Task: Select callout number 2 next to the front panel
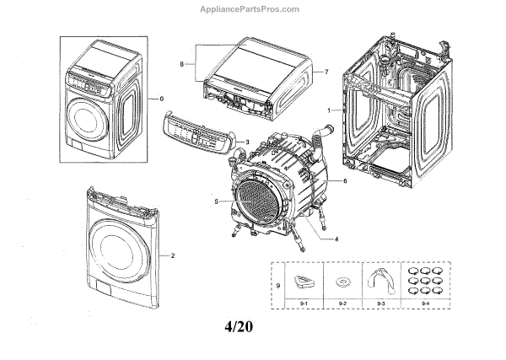[172, 254]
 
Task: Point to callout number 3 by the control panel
[247, 142]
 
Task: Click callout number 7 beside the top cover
[326, 73]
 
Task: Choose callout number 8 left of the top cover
[180, 63]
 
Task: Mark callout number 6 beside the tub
[344, 181]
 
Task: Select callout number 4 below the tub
[336, 239]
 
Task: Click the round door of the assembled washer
[94, 117]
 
